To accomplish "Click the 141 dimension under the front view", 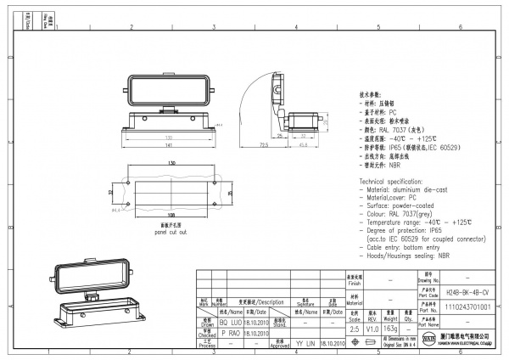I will click(x=169, y=144).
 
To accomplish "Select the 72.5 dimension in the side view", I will click(x=265, y=145).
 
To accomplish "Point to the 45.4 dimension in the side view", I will click(x=303, y=143).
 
